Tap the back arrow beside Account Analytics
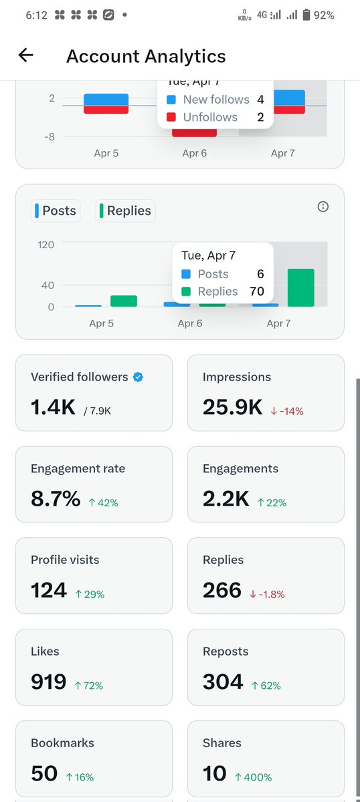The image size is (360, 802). pyautogui.click(x=25, y=56)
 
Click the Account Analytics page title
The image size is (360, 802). pyautogui.click(x=146, y=56)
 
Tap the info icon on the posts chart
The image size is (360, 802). pyautogui.click(x=323, y=207)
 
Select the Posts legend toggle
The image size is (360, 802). pyautogui.click(x=55, y=211)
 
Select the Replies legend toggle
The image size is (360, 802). pyautogui.click(x=124, y=211)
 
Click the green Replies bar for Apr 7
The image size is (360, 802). pyautogui.click(x=300, y=288)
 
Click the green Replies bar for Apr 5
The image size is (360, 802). pyautogui.click(x=124, y=301)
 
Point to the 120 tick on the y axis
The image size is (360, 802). pyautogui.click(x=46, y=244)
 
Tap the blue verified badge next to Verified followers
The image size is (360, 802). pyautogui.click(x=138, y=377)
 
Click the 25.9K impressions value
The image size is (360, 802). pyautogui.click(x=232, y=407)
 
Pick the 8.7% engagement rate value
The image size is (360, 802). pyautogui.click(x=56, y=498)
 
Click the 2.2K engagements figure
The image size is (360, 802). pyautogui.click(x=226, y=498)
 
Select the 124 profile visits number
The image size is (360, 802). pyautogui.click(x=49, y=590)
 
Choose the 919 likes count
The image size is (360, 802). pyautogui.click(x=48, y=682)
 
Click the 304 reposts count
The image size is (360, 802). pyautogui.click(x=223, y=682)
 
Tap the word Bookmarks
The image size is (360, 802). pyautogui.click(x=62, y=743)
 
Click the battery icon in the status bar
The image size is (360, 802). pyautogui.click(x=306, y=15)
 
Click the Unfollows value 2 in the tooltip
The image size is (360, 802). pyautogui.click(x=260, y=117)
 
